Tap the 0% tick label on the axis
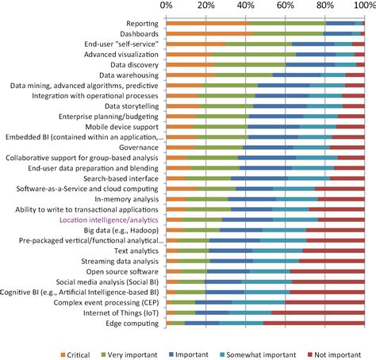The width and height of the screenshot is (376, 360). tap(167, 6)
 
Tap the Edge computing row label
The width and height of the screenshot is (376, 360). tap(135, 324)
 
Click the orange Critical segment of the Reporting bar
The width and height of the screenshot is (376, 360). tap(206, 25)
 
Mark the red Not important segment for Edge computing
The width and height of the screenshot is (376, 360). tap(314, 324)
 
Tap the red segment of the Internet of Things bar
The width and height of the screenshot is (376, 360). tap(318, 312)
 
